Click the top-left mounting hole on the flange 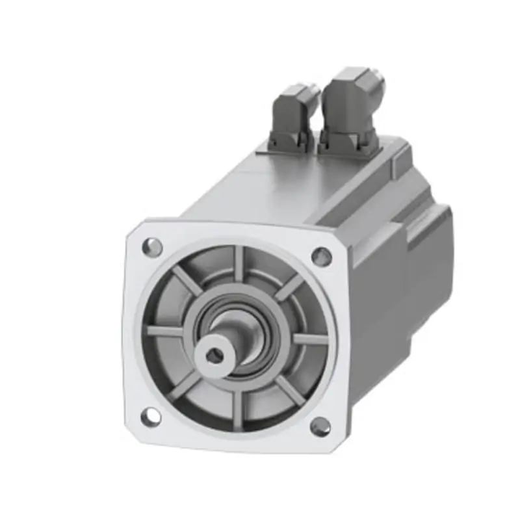click(x=152, y=246)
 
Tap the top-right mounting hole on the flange click(x=321, y=256)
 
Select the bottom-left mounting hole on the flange click(x=150, y=414)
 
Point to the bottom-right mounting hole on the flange click(x=320, y=426)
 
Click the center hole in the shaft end click(x=213, y=356)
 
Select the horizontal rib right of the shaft click(x=310, y=339)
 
